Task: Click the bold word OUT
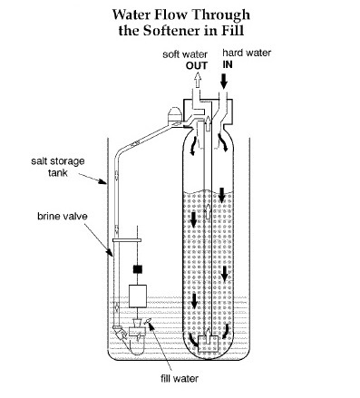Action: (197, 65)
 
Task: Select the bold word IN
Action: (228, 64)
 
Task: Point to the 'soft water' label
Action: (185, 54)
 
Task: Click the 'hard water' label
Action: (247, 53)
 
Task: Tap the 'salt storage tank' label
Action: (58, 167)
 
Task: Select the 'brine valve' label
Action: (63, 217)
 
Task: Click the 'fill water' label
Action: (180, 378)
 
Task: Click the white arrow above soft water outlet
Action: (198, 81)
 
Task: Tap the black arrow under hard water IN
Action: (224, 82)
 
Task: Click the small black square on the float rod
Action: (138, 269)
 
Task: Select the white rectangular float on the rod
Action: (138, 296)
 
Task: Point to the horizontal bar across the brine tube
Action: (127, 240)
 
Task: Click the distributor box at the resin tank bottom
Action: (208, 344)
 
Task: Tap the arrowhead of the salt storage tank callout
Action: (104, 182)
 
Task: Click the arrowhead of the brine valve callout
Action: (111, 254)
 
